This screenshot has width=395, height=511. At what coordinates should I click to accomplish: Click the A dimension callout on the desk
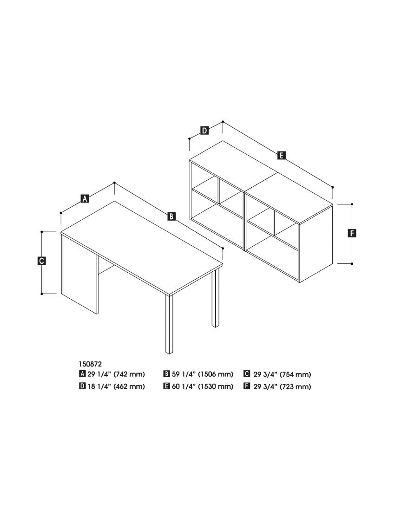coord(85,198)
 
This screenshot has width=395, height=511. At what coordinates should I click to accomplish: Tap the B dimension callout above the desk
coord(171,216)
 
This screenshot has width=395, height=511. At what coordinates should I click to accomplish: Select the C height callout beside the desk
coord(41,261)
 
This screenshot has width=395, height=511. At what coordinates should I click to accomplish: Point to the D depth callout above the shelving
coord(204,131)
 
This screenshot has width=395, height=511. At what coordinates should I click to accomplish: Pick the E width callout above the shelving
coord(281,156)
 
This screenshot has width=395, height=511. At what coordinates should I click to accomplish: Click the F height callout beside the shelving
coord(352,233)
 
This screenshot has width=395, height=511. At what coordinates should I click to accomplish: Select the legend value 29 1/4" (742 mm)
coord(116,374)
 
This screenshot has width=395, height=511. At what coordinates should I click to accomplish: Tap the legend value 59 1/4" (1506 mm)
coord(203,374)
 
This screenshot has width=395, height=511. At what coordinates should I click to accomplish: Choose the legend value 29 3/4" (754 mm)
coord(282,374)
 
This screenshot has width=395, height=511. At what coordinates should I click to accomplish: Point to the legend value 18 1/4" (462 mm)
coord(116,387)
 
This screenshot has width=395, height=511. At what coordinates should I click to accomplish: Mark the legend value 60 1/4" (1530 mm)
coord(203,387)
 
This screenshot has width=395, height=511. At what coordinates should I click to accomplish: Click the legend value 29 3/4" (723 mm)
coord(282,387)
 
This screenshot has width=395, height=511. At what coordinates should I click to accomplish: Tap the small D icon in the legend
coord(82,386)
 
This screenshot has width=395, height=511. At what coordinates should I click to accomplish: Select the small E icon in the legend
coord(166,386)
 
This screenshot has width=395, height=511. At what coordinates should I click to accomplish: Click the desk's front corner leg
coord(170,325)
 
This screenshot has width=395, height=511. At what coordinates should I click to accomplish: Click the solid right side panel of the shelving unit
coord(316,244)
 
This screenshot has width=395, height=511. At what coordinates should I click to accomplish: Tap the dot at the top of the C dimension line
coord(42,232)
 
